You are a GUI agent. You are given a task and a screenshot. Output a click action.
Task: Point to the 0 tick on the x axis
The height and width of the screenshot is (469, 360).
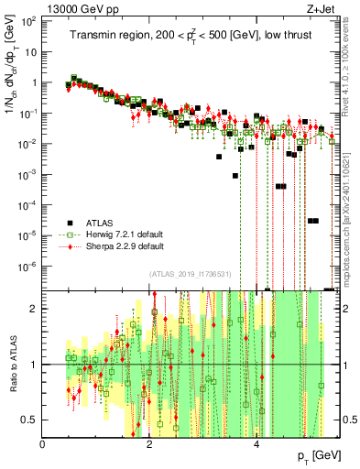tap(43, 444)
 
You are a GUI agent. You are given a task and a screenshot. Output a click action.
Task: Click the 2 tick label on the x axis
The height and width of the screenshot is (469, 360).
tap(150, 444)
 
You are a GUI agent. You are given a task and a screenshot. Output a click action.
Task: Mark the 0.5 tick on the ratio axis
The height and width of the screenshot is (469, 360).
tap(32, 420)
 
